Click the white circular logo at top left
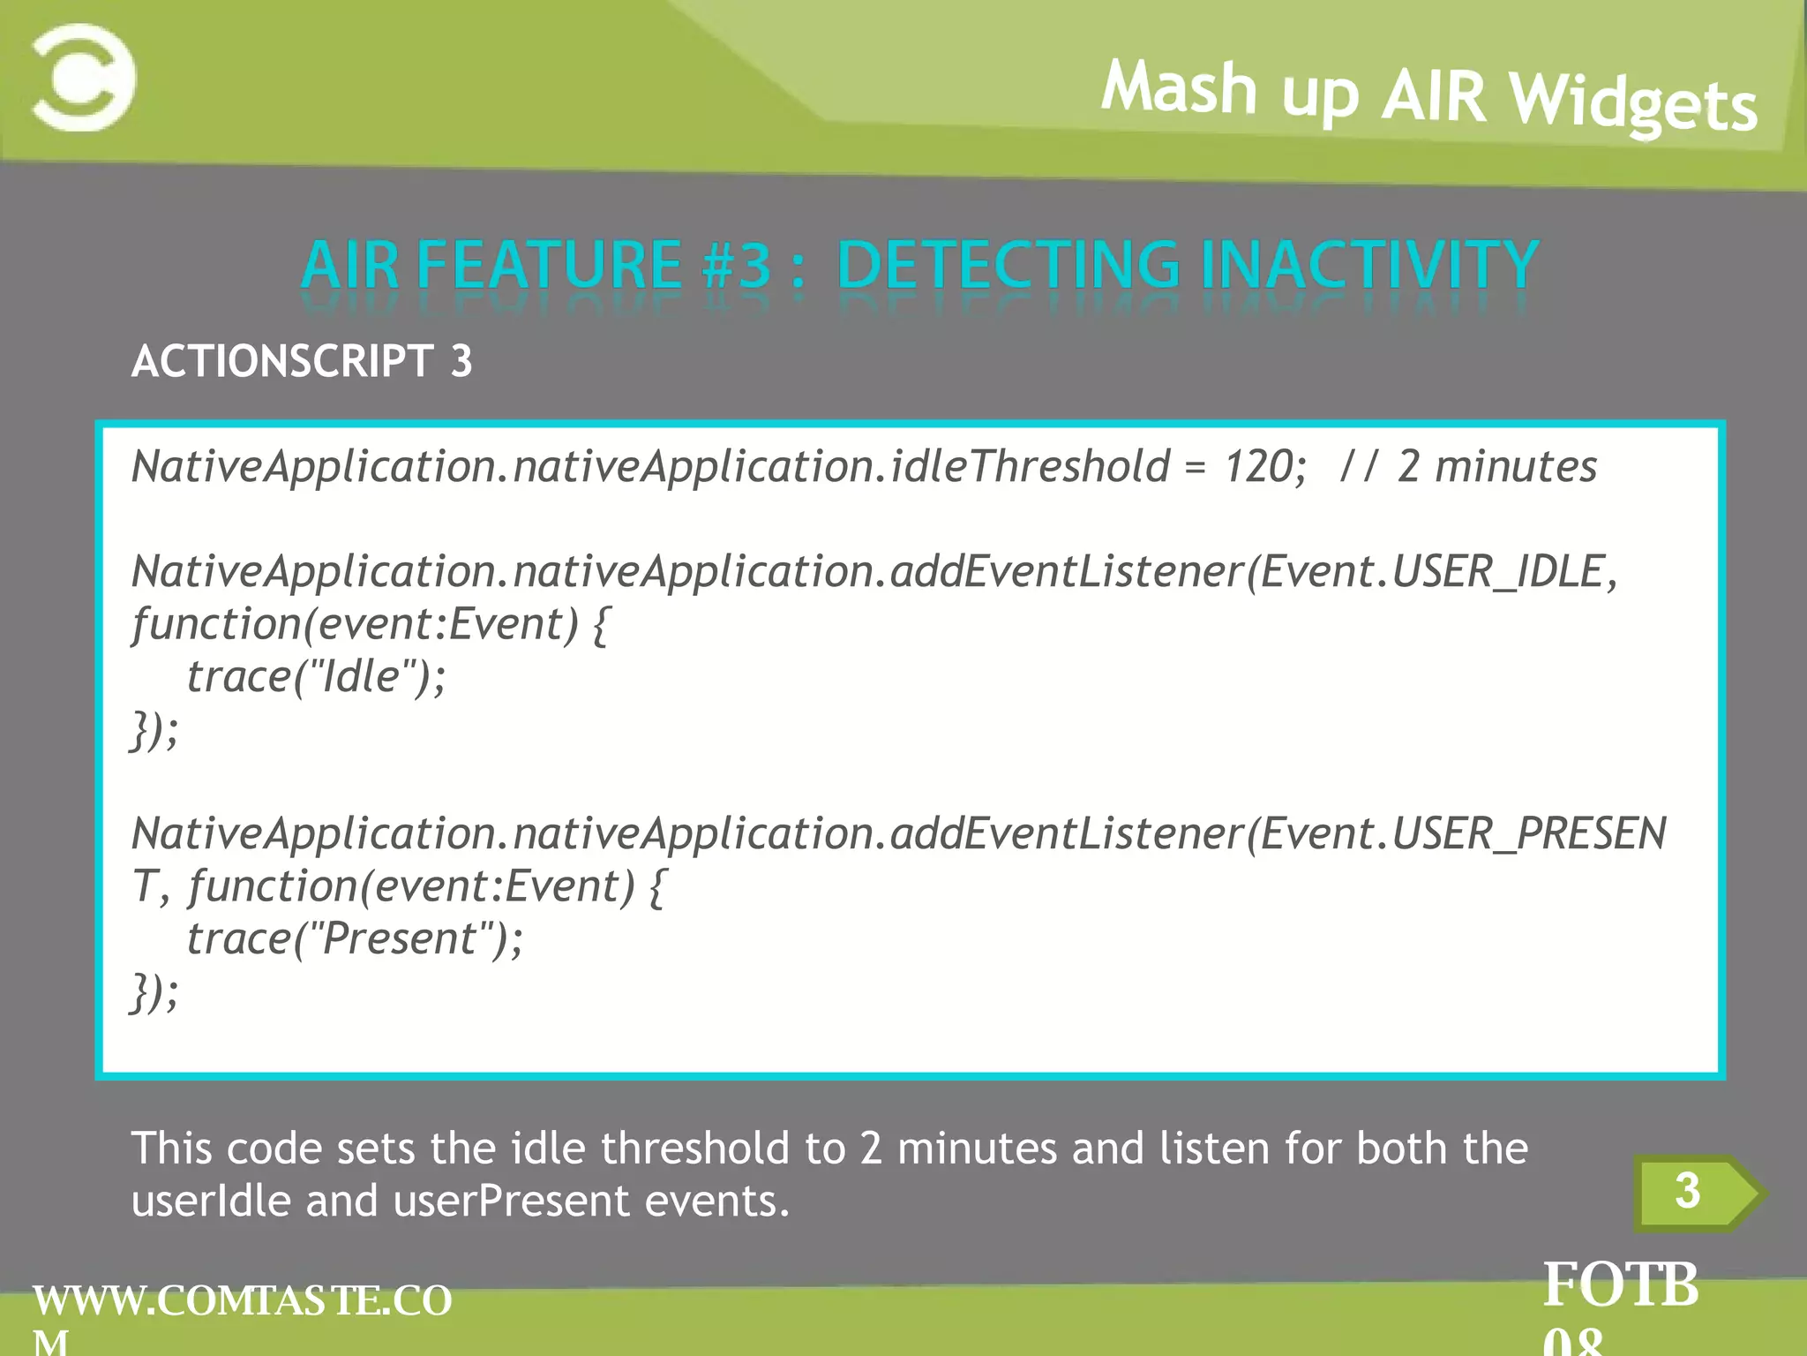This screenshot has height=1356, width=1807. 84,79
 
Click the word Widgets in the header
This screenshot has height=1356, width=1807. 1633,104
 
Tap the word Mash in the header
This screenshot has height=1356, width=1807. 1179,87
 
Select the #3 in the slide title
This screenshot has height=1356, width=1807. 738,266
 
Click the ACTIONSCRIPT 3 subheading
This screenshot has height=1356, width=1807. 302,361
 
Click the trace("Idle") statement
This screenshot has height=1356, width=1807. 316,677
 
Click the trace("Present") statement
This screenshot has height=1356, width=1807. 355,938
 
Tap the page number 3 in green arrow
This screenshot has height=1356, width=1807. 1686,1191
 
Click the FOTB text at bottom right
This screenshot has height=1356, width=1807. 1620,1285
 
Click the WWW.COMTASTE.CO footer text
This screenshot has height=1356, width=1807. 242,1301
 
